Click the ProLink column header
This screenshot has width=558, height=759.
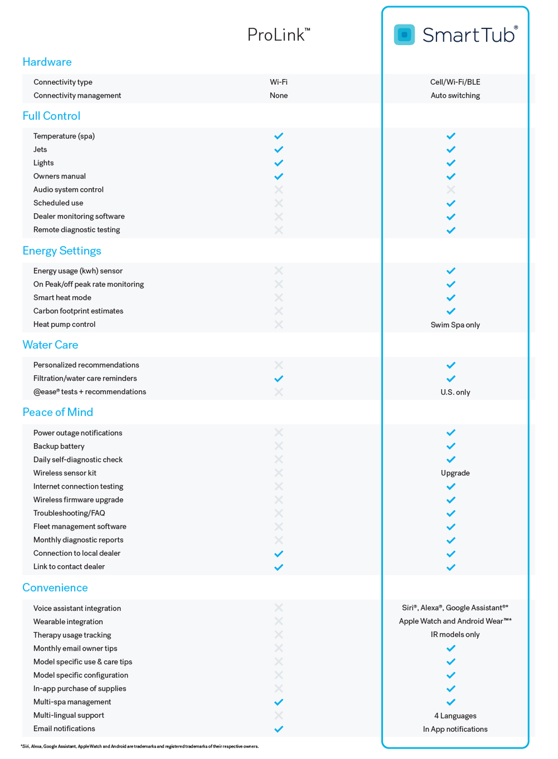click(278, 35)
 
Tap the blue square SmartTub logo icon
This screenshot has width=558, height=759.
click(404, 35)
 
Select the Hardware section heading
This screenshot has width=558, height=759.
click(47, 62)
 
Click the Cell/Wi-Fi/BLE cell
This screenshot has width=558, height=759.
click(455, 82)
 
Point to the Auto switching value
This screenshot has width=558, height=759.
click(455, 96)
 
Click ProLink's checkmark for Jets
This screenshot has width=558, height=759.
click(279, 149)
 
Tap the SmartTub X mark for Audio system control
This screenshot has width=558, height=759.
click(451, 190)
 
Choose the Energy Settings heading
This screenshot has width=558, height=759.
click(62, 251)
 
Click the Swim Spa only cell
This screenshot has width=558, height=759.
click(455, 325)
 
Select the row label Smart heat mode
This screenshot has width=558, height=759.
click(62, 298)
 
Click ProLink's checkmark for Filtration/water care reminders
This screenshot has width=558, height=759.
click(279, 379)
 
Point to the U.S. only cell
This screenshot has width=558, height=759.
click(455, 392)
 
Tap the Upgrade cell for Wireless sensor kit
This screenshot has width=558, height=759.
click(455, 473)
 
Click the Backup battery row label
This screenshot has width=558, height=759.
click(59, 446)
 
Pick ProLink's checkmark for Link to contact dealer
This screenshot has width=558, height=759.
click(279, 567)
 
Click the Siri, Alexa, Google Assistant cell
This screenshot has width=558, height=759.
click(455, 608)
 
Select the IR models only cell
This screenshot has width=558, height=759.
click(455, 634)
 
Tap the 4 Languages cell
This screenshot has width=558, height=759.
click(455, 716)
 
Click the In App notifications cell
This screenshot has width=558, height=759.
click(455, 729)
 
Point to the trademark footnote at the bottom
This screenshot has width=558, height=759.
click(139, 746)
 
